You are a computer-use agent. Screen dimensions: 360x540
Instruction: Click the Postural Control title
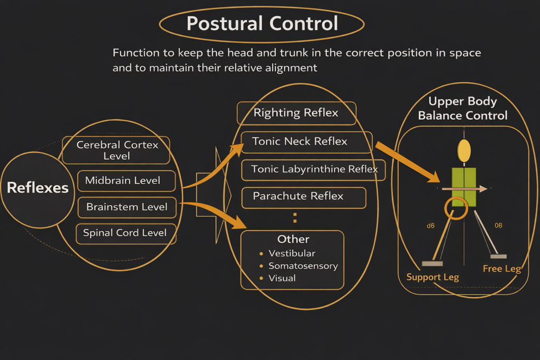point(262,24)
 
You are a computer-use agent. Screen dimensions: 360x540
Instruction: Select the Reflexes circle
point(37,188)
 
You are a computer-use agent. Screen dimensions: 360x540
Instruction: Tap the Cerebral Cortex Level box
point(117,150)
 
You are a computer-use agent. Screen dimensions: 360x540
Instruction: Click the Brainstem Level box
point(127,207)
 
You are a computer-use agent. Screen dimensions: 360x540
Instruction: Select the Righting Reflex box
point(296,113)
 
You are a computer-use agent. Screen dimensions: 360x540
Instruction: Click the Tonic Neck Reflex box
point(300,141)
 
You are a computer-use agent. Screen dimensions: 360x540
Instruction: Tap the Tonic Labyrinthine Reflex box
point(314,170)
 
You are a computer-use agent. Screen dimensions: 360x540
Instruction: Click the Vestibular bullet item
point(292,254)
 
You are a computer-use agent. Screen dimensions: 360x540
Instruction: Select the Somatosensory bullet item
point(303,266)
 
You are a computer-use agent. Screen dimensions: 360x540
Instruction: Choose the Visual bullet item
point(282,278)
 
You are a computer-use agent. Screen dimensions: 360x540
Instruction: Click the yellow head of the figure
point(464,151)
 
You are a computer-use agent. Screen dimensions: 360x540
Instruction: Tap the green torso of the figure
point(464,187)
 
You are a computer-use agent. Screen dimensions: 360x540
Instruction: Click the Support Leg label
point(432,277)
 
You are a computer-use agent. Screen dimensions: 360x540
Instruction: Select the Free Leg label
point(502,269)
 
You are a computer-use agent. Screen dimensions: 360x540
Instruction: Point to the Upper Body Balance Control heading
point(462,108)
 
